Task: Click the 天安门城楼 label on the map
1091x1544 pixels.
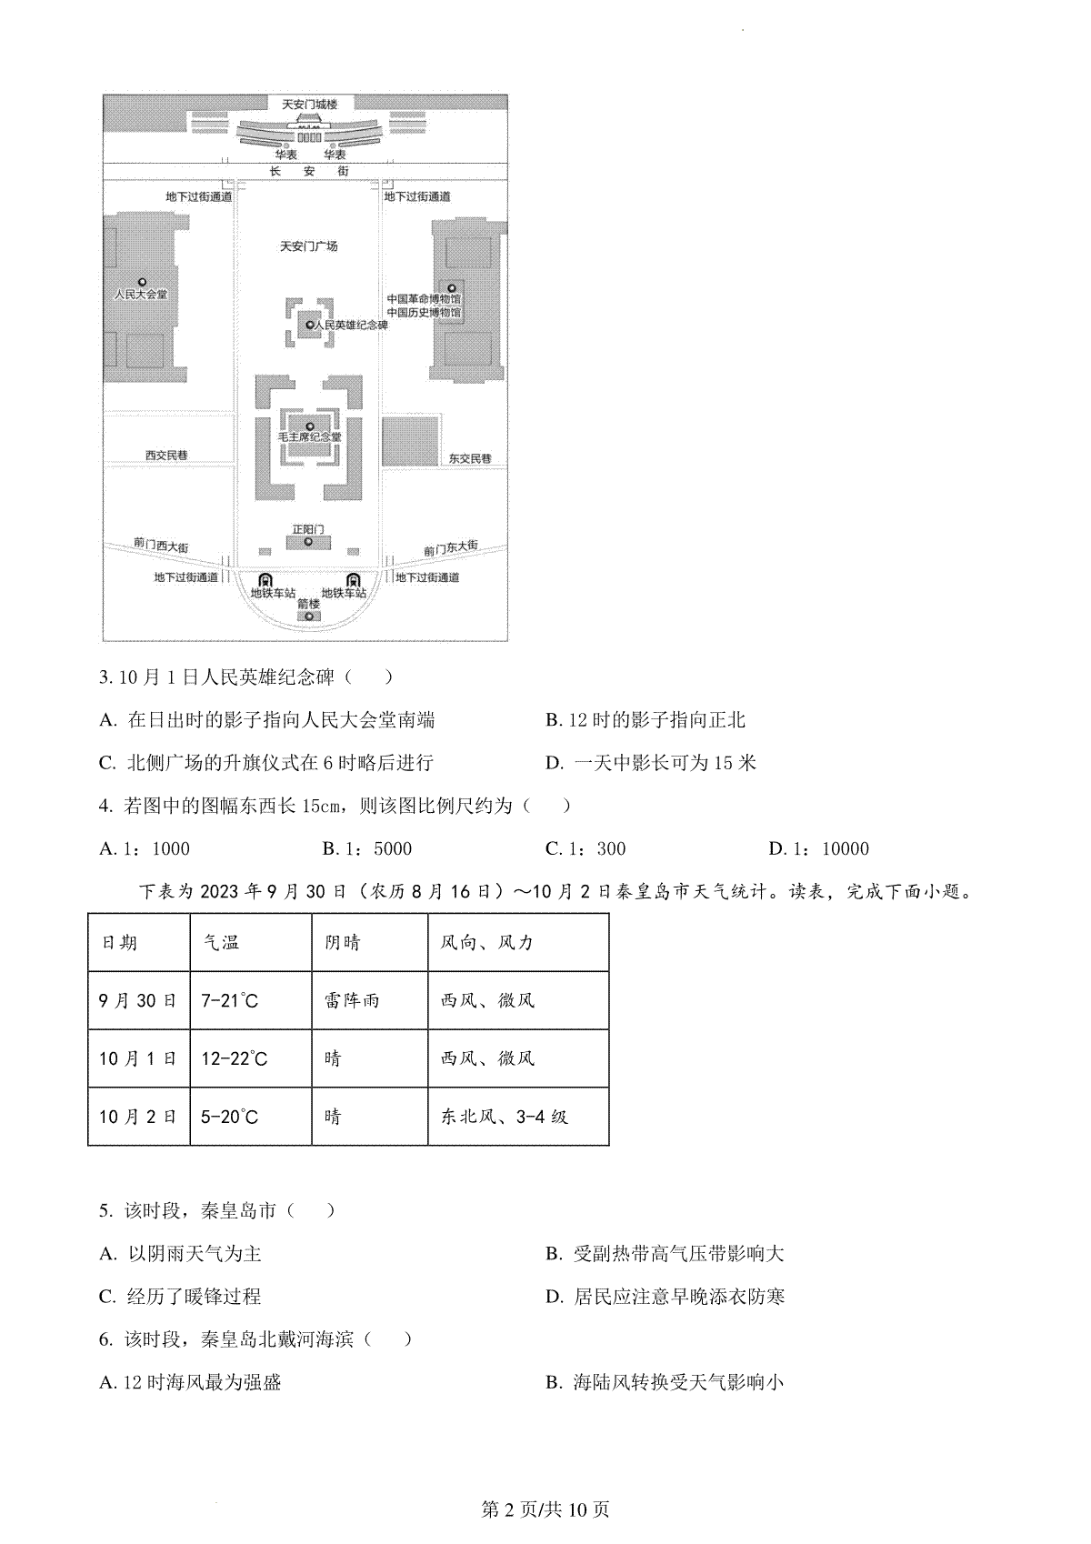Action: point(309,105)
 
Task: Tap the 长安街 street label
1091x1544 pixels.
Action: point(309,171)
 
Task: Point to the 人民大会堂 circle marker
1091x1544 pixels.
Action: point(142,282)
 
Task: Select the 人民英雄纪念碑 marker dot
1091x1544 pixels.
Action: point(310,325)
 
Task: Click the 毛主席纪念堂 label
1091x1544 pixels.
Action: point(309,437)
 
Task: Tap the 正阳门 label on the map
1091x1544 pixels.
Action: point(308,529)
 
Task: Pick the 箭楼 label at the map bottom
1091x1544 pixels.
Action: point(309,604)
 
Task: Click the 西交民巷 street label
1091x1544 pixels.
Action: point(166,455)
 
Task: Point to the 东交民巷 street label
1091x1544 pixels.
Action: point(470,458)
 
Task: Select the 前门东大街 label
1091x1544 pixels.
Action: point(451,548)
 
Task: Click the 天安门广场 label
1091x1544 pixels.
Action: point(309,246)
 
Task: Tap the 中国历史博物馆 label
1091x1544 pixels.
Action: point(424,312)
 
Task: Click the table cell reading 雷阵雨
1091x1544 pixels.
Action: point(352,1000)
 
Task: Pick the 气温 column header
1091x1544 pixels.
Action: point(221,942)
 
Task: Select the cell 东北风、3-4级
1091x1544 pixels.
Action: point(505,1116)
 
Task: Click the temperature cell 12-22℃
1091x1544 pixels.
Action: point(234,1058)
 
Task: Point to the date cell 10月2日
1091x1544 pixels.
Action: point(138,1116)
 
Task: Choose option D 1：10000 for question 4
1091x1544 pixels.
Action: point(819,848)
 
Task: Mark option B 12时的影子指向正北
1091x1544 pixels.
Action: point(646,720)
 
